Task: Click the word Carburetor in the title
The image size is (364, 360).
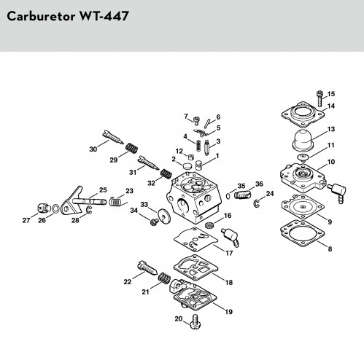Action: [41, 16]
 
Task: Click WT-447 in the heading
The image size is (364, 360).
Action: [104, 16]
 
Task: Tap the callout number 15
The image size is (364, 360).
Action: [331, 94]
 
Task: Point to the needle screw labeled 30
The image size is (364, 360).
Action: [113, 137]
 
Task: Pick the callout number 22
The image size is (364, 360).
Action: [128, 282]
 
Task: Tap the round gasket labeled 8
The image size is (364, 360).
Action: [302, 232]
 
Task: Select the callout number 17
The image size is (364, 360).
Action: [229, 253]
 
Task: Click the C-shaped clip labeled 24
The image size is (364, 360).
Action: [257, 203]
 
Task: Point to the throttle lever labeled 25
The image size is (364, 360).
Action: [82, 200]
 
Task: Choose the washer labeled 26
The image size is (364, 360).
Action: [56, 208]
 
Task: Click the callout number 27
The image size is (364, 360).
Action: [26, 220]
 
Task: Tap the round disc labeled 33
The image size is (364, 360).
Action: [164, 216]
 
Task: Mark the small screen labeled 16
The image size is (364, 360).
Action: [209, 225]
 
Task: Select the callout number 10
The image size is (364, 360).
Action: [331, 162]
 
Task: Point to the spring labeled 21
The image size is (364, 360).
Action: [164, 278]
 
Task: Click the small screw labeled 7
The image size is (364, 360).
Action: [196, 120]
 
